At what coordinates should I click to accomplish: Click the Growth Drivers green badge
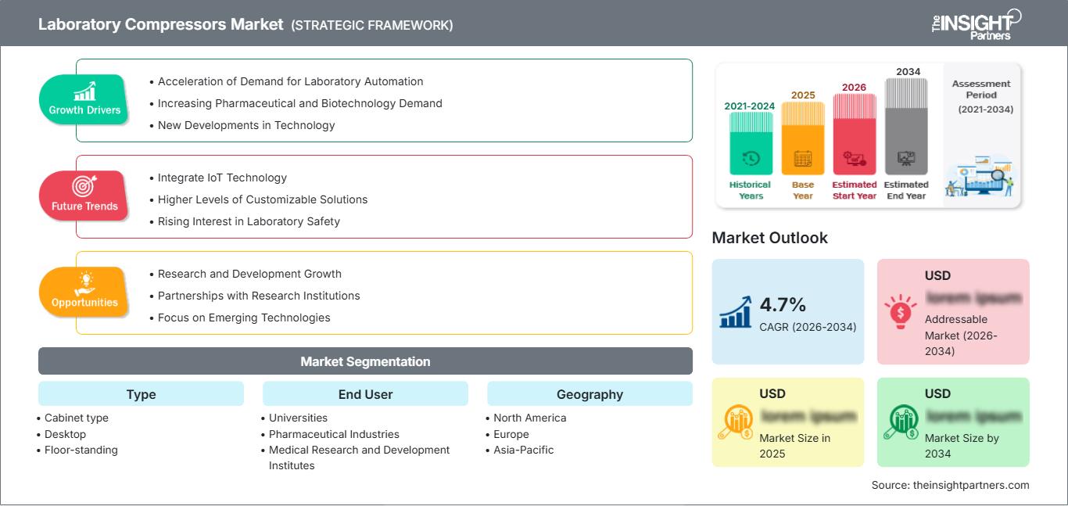(84, 99)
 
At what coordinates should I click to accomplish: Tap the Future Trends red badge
(83, 196)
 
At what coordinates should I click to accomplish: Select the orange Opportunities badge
(84, 292)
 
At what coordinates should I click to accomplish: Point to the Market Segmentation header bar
(365, 361)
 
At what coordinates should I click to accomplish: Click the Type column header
(141, 394)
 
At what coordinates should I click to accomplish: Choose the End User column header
(365, 394)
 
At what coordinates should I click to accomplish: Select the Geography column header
(590, 394)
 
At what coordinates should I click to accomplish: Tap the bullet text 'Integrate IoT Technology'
(222, 178)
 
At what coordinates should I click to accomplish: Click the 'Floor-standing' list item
(81, 450)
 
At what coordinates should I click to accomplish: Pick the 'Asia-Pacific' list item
(523, 450)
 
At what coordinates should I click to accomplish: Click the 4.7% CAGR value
(783, 304)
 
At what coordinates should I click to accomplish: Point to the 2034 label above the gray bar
(908, 72)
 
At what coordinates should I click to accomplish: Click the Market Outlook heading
(769, 238)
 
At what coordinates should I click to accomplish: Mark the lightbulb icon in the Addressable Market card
(900, 311)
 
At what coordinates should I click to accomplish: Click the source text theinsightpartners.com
(950, 485)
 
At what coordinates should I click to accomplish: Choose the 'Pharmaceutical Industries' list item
(334, 434)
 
